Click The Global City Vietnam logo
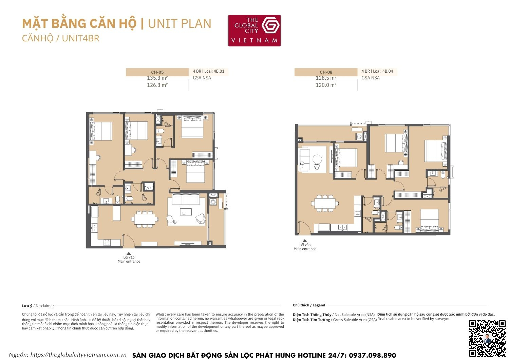tap(254, 30)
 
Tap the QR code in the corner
tap(487, 338)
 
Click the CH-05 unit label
tap(157, 72)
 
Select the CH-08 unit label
tap(326, 72)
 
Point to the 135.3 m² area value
tap(157, 78)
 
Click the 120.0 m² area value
tap(326, 85)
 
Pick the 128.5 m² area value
tap(326, 78)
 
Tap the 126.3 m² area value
tap(157, 85)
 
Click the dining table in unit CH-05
tap(146, 219)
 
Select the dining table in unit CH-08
tap(325, 203)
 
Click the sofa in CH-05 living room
tap(186, 199)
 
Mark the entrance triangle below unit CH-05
tap(129, 253)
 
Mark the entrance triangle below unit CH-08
tap(305, 241)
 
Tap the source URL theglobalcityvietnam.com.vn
tap(78, 355)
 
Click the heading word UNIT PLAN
tap(180, 24)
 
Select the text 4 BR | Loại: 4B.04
tap(377, 71)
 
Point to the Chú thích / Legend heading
tap(309, 305)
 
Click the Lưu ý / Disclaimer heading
tap(38, 306)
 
